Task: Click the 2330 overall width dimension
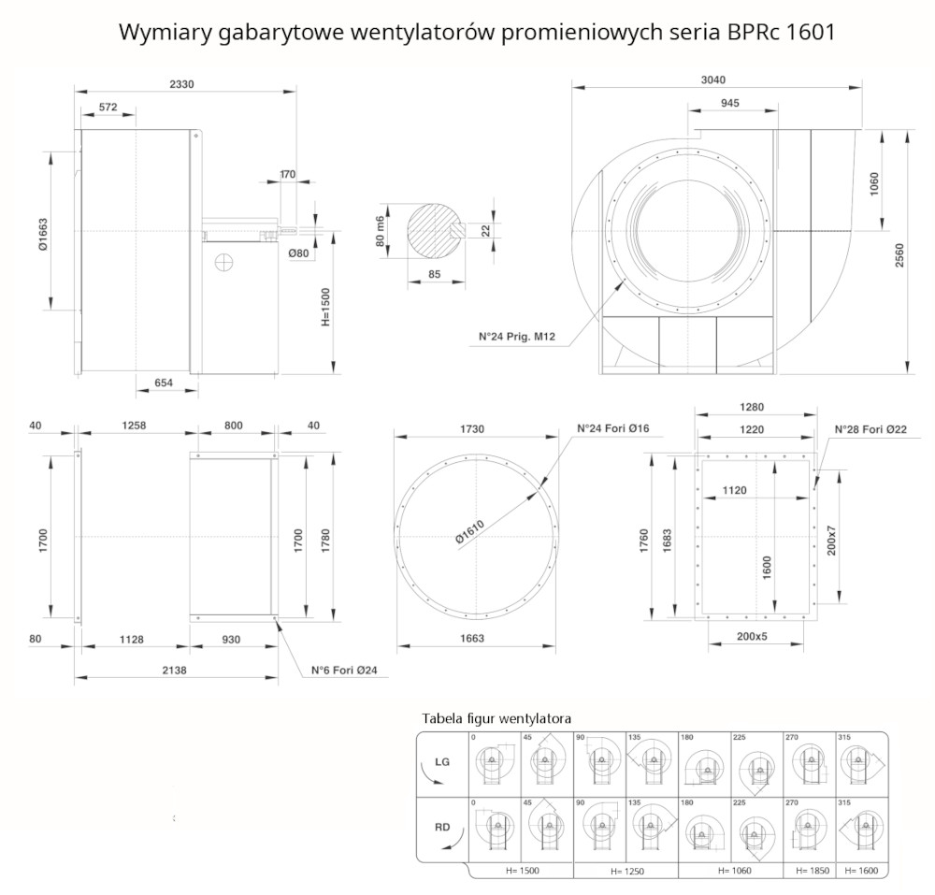click(181, 84)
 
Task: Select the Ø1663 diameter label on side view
click(43, 235)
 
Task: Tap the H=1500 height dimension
click(325, 307)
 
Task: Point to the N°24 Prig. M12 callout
click(516, 337)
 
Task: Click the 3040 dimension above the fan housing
click(713, 79)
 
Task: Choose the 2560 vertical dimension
click(899, 255)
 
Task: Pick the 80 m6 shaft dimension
click(381, 231)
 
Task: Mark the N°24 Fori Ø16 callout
click(613, 428)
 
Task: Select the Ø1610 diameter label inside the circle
click(470, 532)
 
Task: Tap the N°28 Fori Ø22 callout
click(870, 429)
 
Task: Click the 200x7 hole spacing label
click(831, 541)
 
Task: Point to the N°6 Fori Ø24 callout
click(344, 671)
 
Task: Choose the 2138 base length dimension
click(174, 671)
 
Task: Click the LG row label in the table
click(442, 761)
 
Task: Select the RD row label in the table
click(442, 827)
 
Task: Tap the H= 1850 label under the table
click(813, 871)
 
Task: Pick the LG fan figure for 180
click(704, 766)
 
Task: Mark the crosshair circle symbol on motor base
click(223, 262)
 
